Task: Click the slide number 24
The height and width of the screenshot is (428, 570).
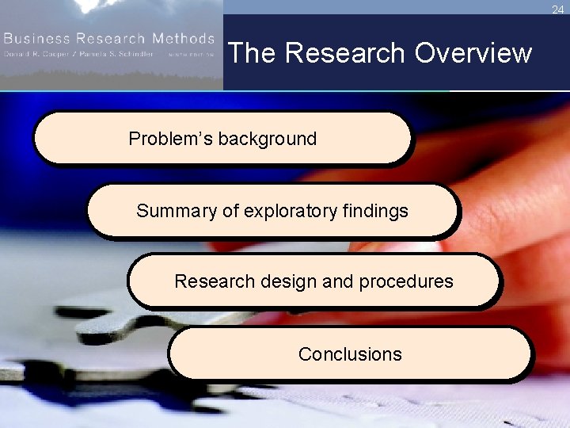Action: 558,10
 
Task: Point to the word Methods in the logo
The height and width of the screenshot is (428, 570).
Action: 184,38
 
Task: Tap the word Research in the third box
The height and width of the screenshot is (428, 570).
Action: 209,281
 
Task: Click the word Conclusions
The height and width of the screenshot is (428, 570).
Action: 350,354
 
